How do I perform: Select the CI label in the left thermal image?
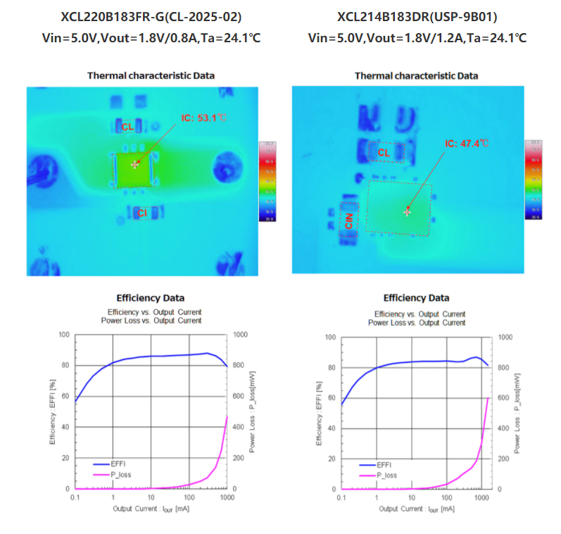tap(141, 213)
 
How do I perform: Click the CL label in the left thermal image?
tap(127, 127)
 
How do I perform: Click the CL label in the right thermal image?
tap(384, 152)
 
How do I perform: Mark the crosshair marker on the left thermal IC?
tap(134, 164)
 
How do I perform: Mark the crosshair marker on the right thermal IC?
tap(406, 211)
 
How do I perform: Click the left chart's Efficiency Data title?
tap(150, 298)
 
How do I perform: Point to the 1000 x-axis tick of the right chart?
tap(482, 498)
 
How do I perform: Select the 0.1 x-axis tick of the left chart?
tap(75, 497)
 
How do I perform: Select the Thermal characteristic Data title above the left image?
tap(151, 75)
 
